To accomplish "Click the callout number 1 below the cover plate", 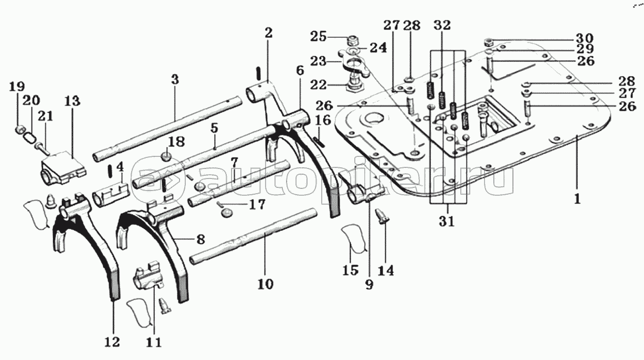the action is coord(577,199).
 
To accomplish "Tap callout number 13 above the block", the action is coord(72,101).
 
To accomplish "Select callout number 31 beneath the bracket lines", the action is coord(447,221).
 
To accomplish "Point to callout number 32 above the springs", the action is coord(442,25).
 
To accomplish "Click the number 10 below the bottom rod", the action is coord(266,284).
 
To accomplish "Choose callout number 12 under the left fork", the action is coord(112,342).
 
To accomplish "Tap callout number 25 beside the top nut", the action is coord(318,37).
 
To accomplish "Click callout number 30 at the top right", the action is coord(585,38).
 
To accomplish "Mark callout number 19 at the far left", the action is coord(17,87).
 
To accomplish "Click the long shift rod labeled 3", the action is coord(167,129).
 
